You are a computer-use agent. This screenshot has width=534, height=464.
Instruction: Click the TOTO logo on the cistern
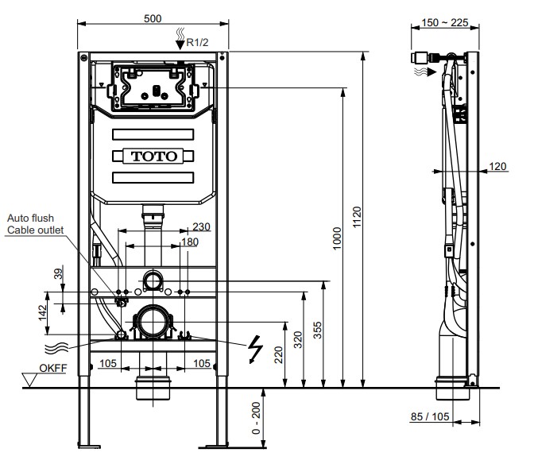point(154,156)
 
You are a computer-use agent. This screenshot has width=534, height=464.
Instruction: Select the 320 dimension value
point(298,339)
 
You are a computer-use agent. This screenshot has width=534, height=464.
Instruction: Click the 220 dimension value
point(279,354)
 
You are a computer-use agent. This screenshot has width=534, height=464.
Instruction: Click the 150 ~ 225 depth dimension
point(446,24)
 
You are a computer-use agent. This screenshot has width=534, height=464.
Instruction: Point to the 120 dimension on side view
point(497,166)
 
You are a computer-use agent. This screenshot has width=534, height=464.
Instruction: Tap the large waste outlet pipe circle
point(151,323)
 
